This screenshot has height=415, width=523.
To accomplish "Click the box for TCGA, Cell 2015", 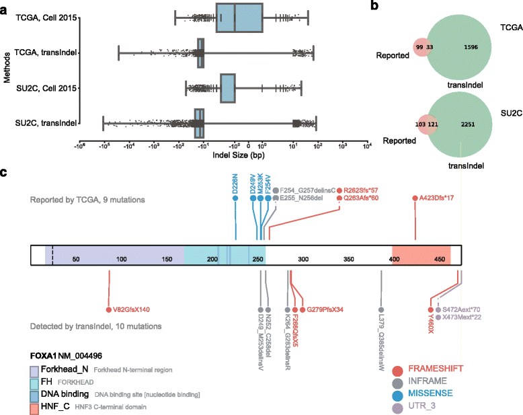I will click(239, 17).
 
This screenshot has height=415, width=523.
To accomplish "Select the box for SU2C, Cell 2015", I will click(229, 87).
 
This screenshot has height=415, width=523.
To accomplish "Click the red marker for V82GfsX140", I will click(108, 309).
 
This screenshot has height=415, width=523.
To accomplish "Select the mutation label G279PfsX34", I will click(325, 309).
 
